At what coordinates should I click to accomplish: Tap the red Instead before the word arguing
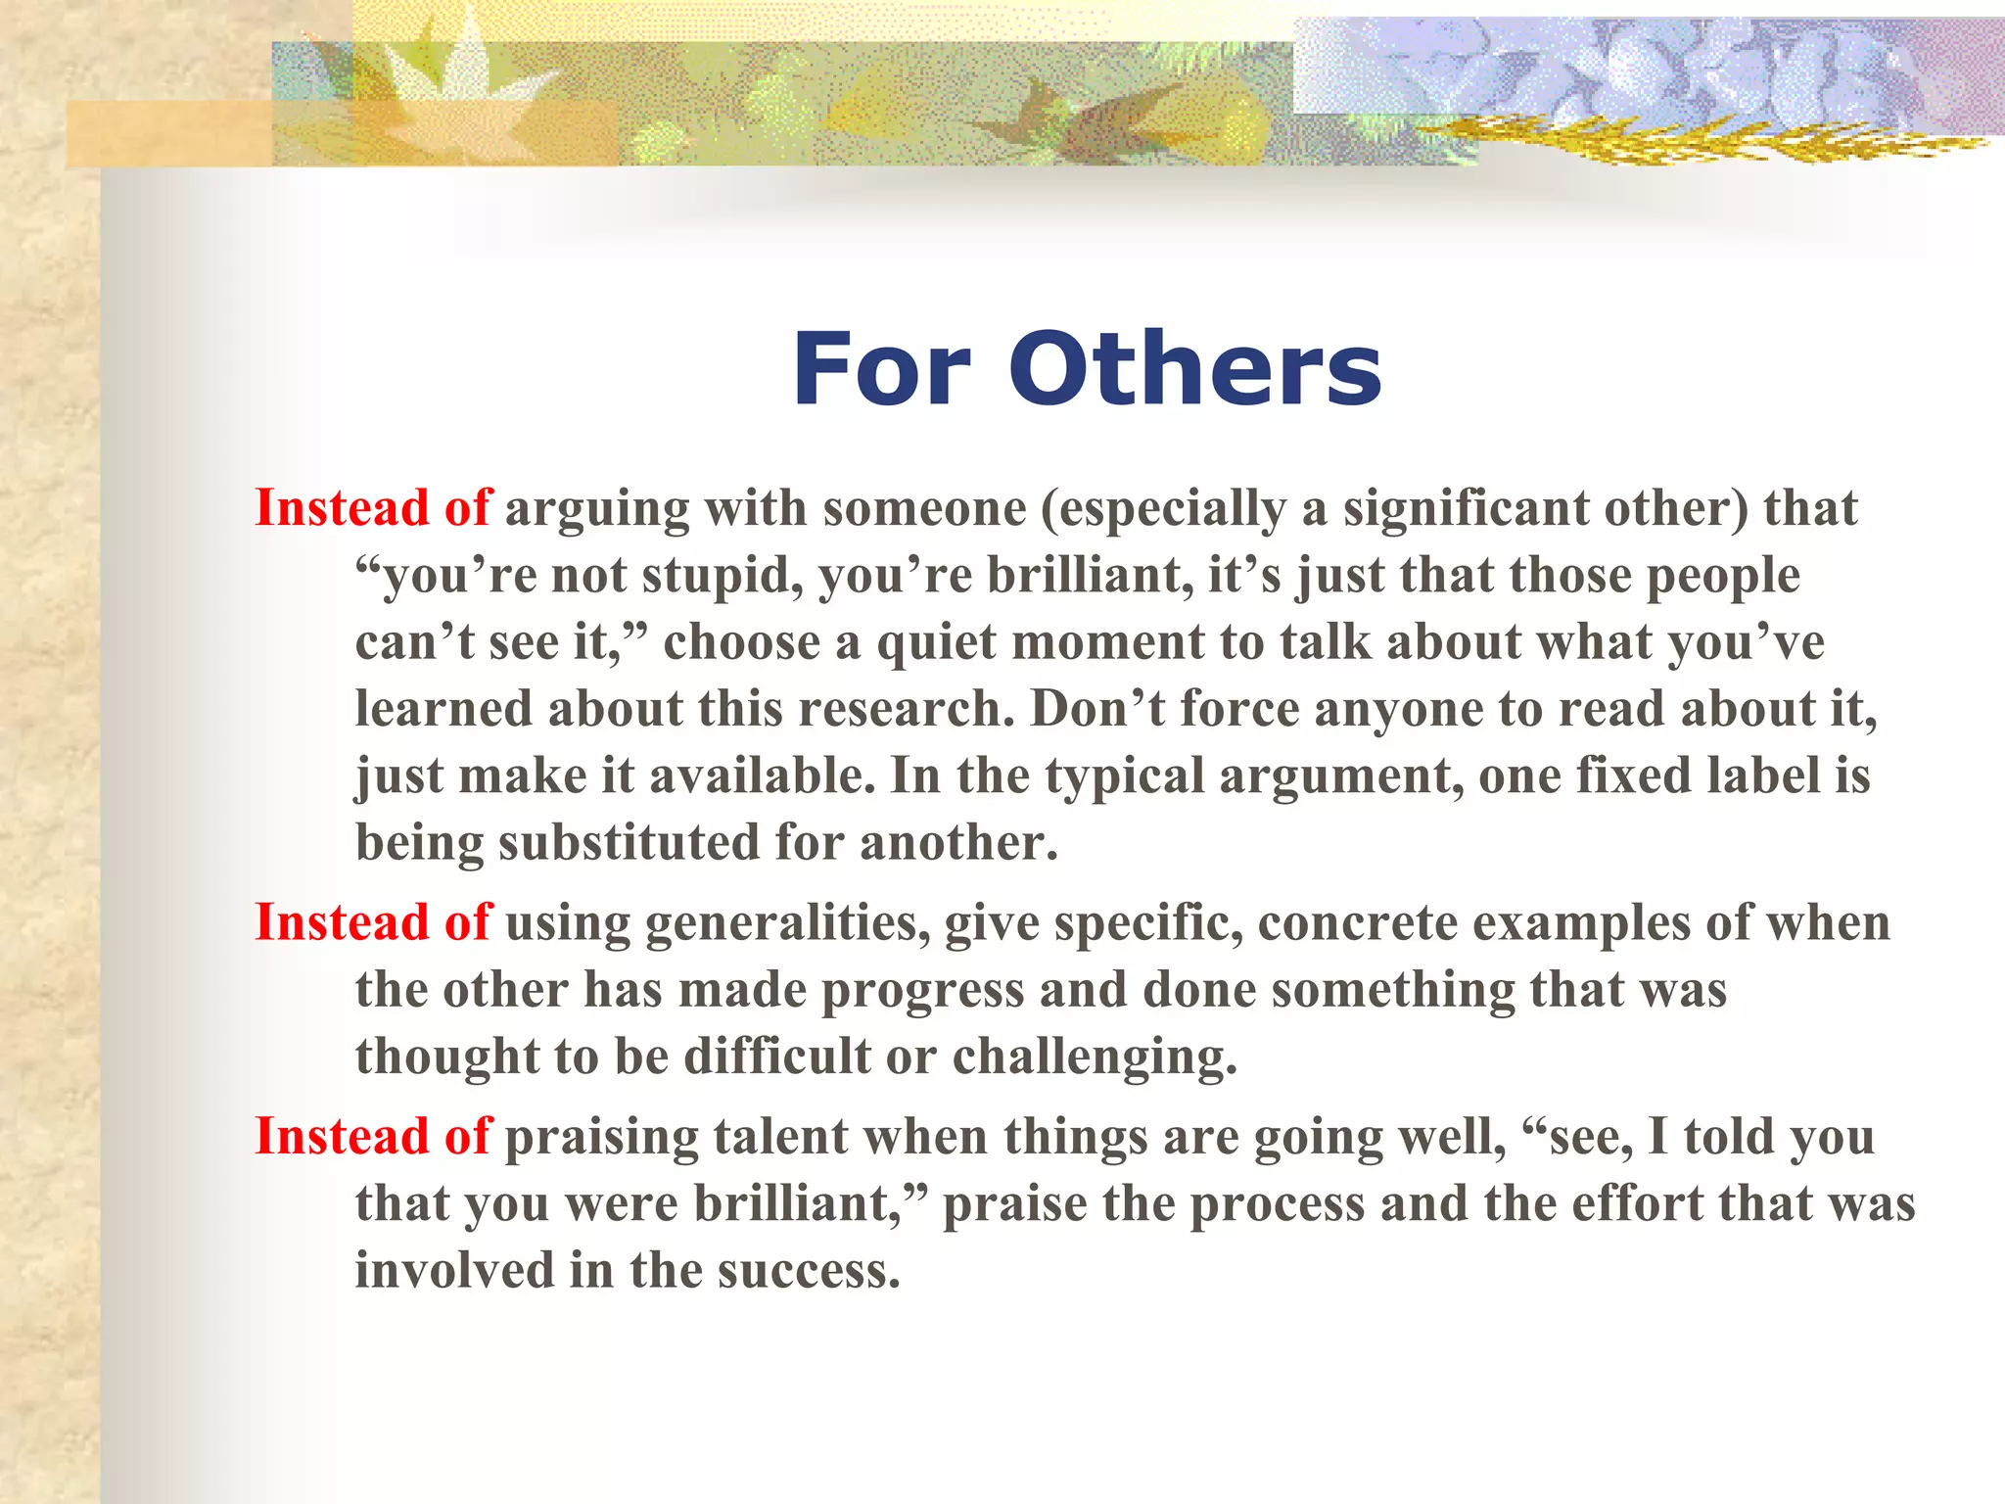point(342,508)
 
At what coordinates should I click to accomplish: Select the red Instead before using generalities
point(342,922)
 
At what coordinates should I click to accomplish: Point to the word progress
point(922,990)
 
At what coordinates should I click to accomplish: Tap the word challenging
point(1095,1057)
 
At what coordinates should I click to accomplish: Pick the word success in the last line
point(808,1270)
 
